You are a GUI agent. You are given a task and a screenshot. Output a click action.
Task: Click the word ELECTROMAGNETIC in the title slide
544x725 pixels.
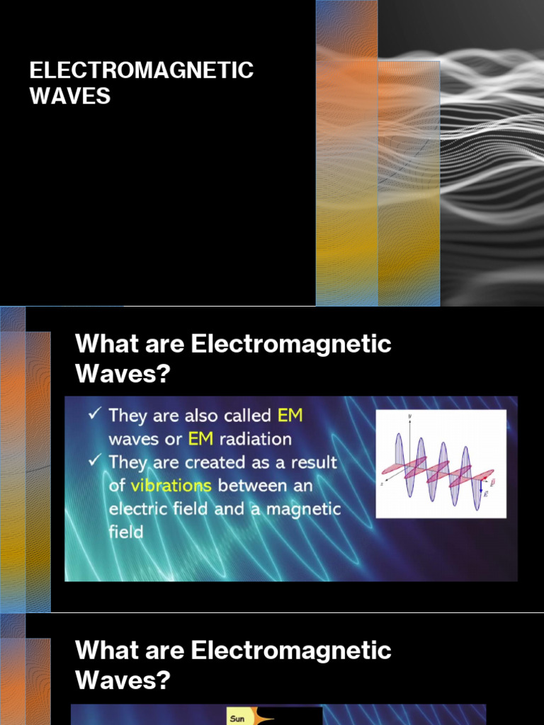tap(142, 71)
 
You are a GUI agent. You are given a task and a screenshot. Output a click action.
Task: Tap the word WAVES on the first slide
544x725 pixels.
tap(70, 96)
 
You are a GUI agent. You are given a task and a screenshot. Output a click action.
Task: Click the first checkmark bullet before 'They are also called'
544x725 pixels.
tap(93, 413)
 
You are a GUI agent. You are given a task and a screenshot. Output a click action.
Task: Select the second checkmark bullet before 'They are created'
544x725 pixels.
tap(93, 461)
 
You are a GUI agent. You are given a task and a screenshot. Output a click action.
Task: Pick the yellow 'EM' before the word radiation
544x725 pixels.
tap(200, 439)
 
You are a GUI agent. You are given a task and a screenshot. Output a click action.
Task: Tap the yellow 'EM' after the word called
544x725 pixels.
tap(290, 415)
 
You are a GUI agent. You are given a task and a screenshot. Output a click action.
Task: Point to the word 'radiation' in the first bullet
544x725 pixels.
tap(255, 439)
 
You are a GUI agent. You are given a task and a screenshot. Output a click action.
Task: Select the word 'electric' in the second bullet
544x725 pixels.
tap(138, 509)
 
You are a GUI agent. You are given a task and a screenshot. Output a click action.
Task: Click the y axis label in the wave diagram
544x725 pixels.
tap(409, 416)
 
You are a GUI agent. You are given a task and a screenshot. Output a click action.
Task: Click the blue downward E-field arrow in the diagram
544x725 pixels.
tap(481, 486)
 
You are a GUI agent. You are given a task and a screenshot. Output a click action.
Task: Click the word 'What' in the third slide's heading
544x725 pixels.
tap(106, 651)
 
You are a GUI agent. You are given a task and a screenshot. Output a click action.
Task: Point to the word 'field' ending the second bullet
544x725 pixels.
tap(125, 532)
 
